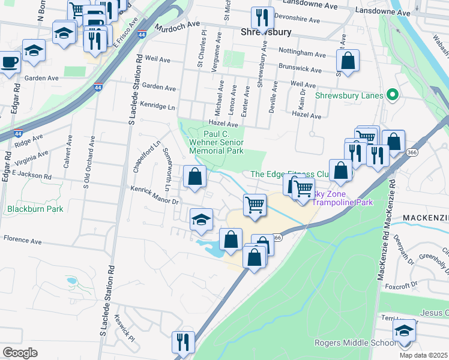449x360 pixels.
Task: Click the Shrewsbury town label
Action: (266, 31)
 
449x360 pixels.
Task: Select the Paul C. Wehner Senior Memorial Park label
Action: (217, 142)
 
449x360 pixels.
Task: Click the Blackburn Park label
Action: (35, 209)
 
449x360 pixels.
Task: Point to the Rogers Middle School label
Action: (353, 343)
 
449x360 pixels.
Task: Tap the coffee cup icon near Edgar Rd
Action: (8, 62)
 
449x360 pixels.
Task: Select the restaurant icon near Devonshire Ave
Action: (262, 18)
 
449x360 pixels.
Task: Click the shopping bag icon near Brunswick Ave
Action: (348, 60)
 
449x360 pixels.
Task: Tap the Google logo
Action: (20, 353)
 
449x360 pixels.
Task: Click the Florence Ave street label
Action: (23, 241)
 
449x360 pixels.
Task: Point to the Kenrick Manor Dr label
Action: (155, 195)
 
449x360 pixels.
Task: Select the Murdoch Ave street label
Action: (176, 27)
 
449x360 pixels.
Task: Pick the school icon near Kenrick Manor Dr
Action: (201, 220)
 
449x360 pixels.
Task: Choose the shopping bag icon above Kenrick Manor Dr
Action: (195, 176)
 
